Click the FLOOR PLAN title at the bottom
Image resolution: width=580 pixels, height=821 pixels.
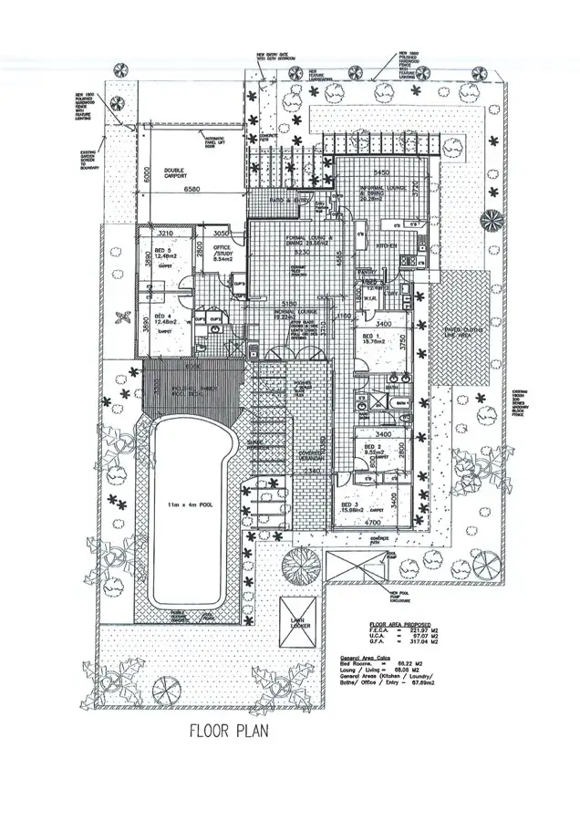point(228,730)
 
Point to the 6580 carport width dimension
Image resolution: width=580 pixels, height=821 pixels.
point(192,189)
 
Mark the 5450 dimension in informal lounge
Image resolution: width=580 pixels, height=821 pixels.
point(382,171)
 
